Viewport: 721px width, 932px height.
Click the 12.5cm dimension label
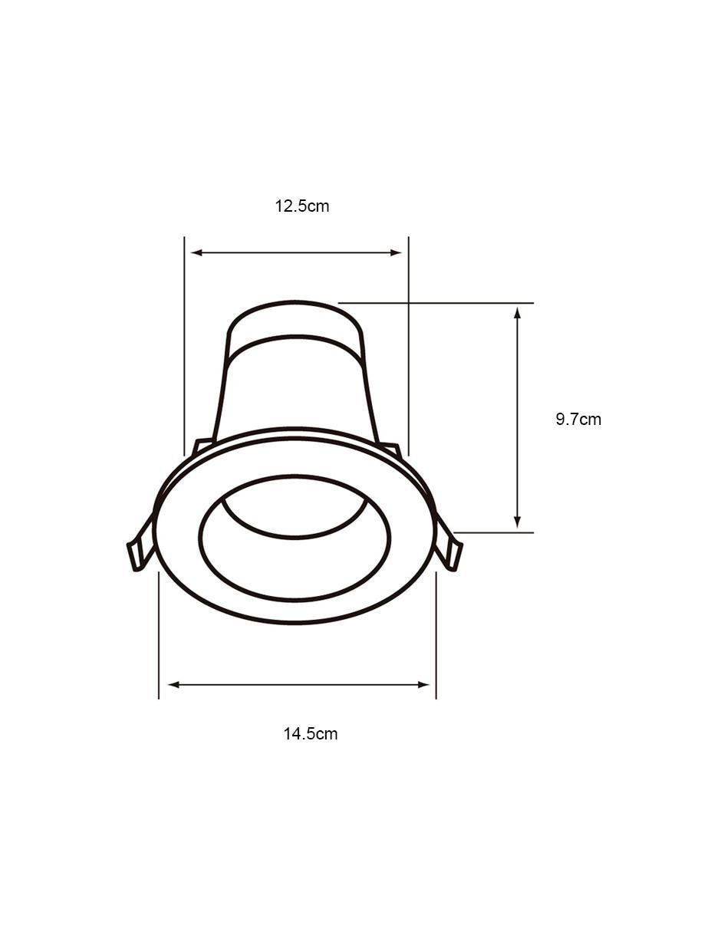(301, 206)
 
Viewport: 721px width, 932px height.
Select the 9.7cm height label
(578, 419)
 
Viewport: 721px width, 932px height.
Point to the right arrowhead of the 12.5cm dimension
(396, 252)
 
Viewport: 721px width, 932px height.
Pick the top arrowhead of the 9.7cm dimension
(518, 313)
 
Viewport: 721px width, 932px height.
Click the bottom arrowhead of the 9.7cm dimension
(518, 522)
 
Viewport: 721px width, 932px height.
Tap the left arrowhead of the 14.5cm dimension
(173, 684)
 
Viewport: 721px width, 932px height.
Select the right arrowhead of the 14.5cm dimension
(423, 684)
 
